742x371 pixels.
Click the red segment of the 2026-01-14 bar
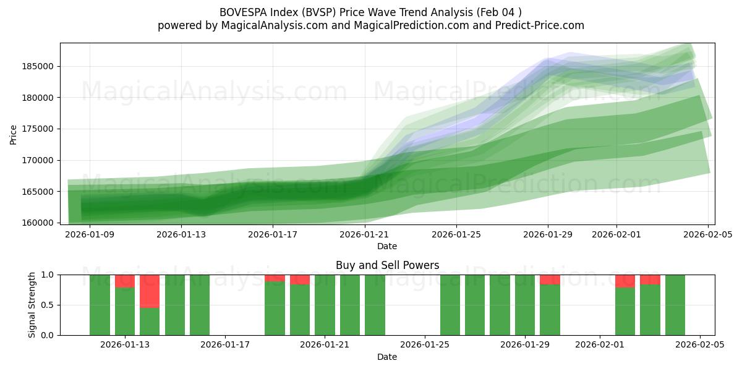pyautogui.click(x=150, y=291)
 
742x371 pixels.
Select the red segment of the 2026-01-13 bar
pyautogui.click(x=125, y=281)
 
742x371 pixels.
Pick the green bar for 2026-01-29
pyautogui.click(x=525, y=305)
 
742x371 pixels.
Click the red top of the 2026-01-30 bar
pyautogui.click(x=550, y=279)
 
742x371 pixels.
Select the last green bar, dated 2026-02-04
pyautogui.click(x=675, y=305)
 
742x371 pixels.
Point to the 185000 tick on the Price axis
pyautogui.click(x=39, y=66)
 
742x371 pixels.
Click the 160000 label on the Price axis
pyautogui.click(x=39, y=223)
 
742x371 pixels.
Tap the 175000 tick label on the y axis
pyautogui.click(x=39, y=129)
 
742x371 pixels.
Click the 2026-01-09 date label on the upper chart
pyautogui.click(x=90, y=234)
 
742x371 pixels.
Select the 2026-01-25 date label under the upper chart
pyautogui.click(x=456, y=234)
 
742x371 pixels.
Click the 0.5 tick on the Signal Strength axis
pyautogui.click(x=48, y=305)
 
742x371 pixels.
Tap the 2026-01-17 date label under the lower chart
pyautogui.click(x=225, y=344)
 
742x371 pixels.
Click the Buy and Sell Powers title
pyautogui.click(x=387, y=265)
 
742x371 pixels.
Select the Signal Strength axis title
pyautogui.click(x=32, y=305)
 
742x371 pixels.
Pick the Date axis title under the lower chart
pyautogui.click(x=387, y=357)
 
